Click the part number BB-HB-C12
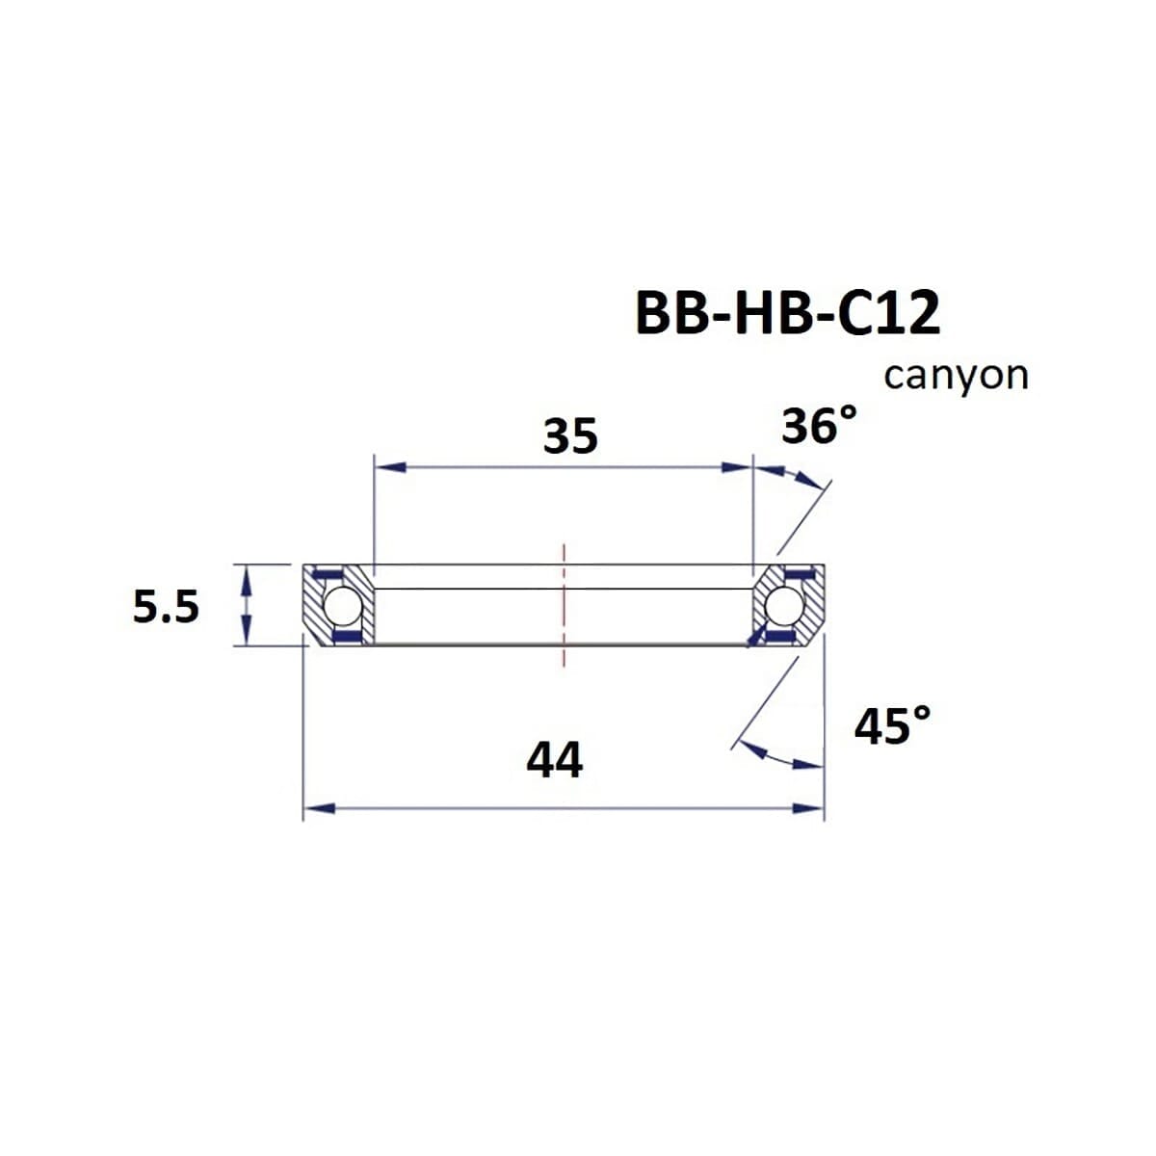tap(787, 314)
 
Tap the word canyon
tap(956, 376)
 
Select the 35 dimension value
tap(570, 436)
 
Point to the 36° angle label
tap(818, 426)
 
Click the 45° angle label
tap(892, 725)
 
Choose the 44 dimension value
tap(554, 760)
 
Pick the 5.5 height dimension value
tap(166, 608)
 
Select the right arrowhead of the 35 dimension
tap(737, 468)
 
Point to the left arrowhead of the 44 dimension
tap(319, 808)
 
